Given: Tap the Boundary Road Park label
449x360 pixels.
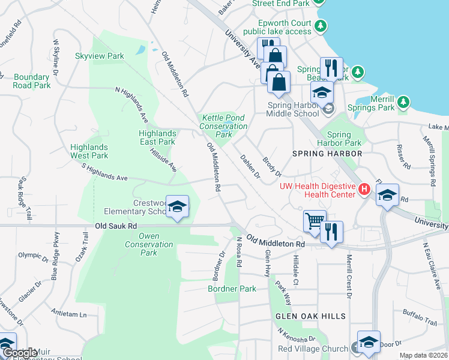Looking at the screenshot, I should (x=32, y=81).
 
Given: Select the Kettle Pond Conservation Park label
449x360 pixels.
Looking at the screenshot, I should (x=223, y=126).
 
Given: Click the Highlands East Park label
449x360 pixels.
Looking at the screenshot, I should (x=157, y=137).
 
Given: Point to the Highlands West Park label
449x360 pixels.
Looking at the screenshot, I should (x=89, y=151).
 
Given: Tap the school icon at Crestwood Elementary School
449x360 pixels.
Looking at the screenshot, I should (x=176, y=207).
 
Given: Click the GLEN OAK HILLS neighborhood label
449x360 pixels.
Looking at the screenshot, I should (x=310, y=316).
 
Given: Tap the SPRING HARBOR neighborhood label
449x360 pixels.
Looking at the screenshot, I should (x=327, y=154).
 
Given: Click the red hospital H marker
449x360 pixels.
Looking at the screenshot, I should (x=363, y=190).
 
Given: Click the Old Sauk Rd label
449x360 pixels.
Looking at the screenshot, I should (x=116, y=226).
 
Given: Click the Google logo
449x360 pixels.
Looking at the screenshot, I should (x=20, y=353).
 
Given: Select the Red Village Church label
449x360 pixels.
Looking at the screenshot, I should (x=312, y=349).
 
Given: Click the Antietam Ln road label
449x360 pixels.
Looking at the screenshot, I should (x=69, y=314).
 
